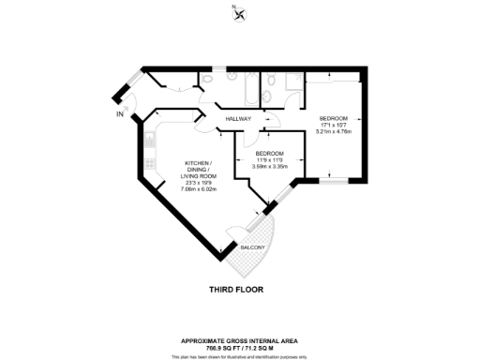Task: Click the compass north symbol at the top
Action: click(x=240, y=13)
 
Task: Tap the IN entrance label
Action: click(x=119, y=114)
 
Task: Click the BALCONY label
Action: click(x=253, y=247)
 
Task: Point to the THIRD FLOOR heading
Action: click(x=240, y=292)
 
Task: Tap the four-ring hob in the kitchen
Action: click(x=149, y=163)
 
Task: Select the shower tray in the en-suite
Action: click(x=293, y=83)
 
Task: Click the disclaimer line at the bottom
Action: click(x=240, y=354)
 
